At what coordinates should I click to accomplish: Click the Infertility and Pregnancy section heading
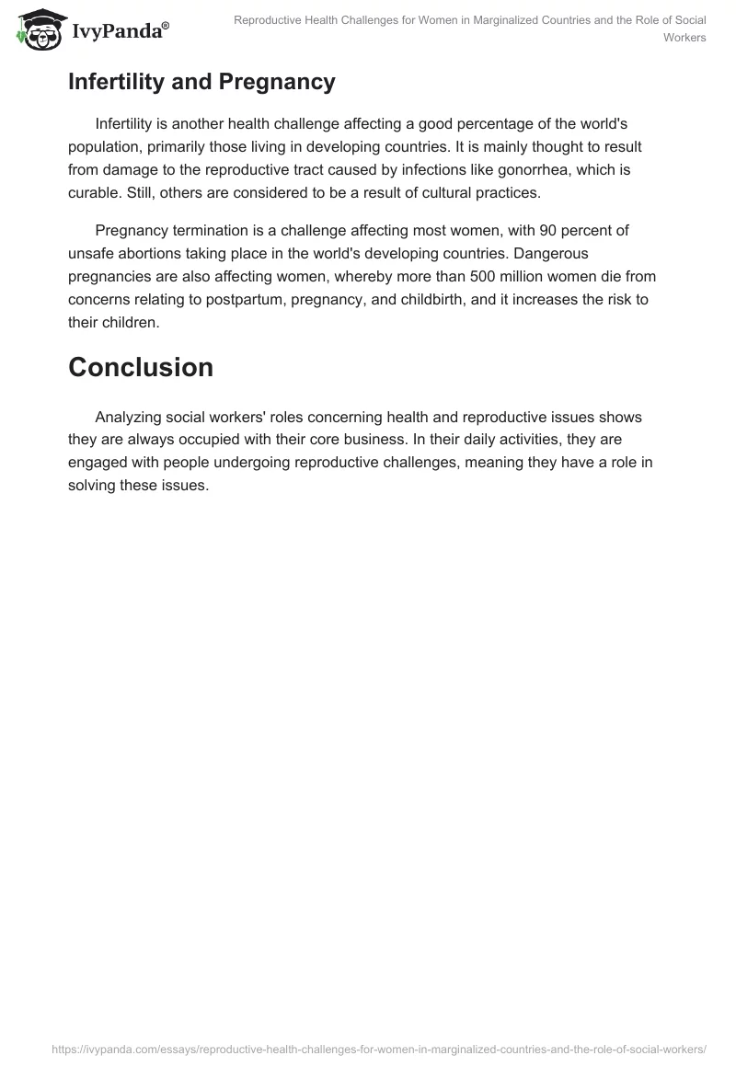pyautogui.click(x=201, y=82)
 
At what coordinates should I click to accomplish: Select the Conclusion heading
pyautogui.click(x=141, y=367)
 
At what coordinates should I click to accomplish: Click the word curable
pyautogui.click(x=94, y=192)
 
